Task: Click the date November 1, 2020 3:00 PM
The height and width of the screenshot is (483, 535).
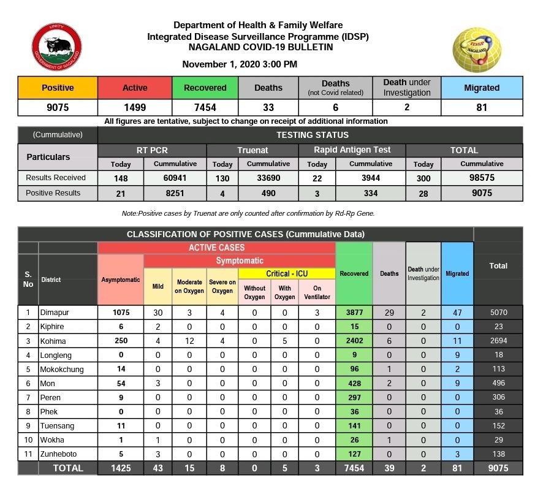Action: [x=240, y=64]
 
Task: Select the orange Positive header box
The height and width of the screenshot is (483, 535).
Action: [x=58, y=88]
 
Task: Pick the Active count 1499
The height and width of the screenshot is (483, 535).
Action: [x=135, y=108]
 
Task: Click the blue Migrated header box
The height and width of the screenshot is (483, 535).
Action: [x=481, y=88]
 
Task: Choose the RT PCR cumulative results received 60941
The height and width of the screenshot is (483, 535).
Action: [x=175, y=178]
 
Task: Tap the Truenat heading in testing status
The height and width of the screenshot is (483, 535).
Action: [x=252, y=150]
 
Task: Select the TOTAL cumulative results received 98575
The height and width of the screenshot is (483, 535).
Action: [x=482, y=178]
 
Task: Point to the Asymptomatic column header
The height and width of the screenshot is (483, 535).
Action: [x=121, y=280]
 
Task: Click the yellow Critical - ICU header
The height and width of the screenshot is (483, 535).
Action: [x=287, y=273]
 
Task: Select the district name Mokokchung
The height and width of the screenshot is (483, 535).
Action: [x=63, y=370]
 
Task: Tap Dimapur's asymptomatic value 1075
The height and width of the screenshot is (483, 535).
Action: [x=121, y=311]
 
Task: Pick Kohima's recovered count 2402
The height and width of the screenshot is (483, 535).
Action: [x=354, y=340]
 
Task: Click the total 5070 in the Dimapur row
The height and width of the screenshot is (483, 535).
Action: [x=498, y=311]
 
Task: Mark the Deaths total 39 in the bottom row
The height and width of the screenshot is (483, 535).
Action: [x=389, y=468]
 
